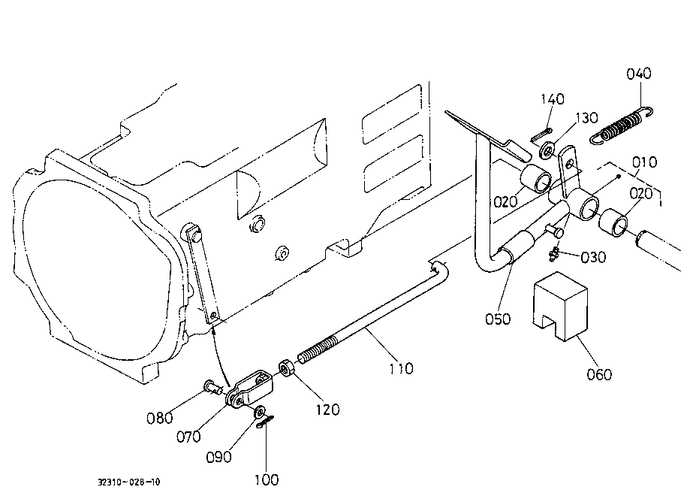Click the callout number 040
(x=639, y=73)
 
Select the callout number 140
(x=553, y=98)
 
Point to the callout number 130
(x=586, y=117)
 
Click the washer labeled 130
(x=547, y=150)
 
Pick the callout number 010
(x=645, y=162)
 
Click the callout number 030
(x=593, y=257)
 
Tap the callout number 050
(x=498, y=319)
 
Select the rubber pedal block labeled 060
(x=560, y=307)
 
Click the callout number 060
(x=599, y=374)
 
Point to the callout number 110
(x=402, y=368)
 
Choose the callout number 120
(x=328, y=410)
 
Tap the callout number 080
(x=159, y=417)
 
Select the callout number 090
(x=218, y=457)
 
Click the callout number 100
(x=267, y=479)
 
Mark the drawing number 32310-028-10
(x=129, y=482)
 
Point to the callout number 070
(x=188, y=437)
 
